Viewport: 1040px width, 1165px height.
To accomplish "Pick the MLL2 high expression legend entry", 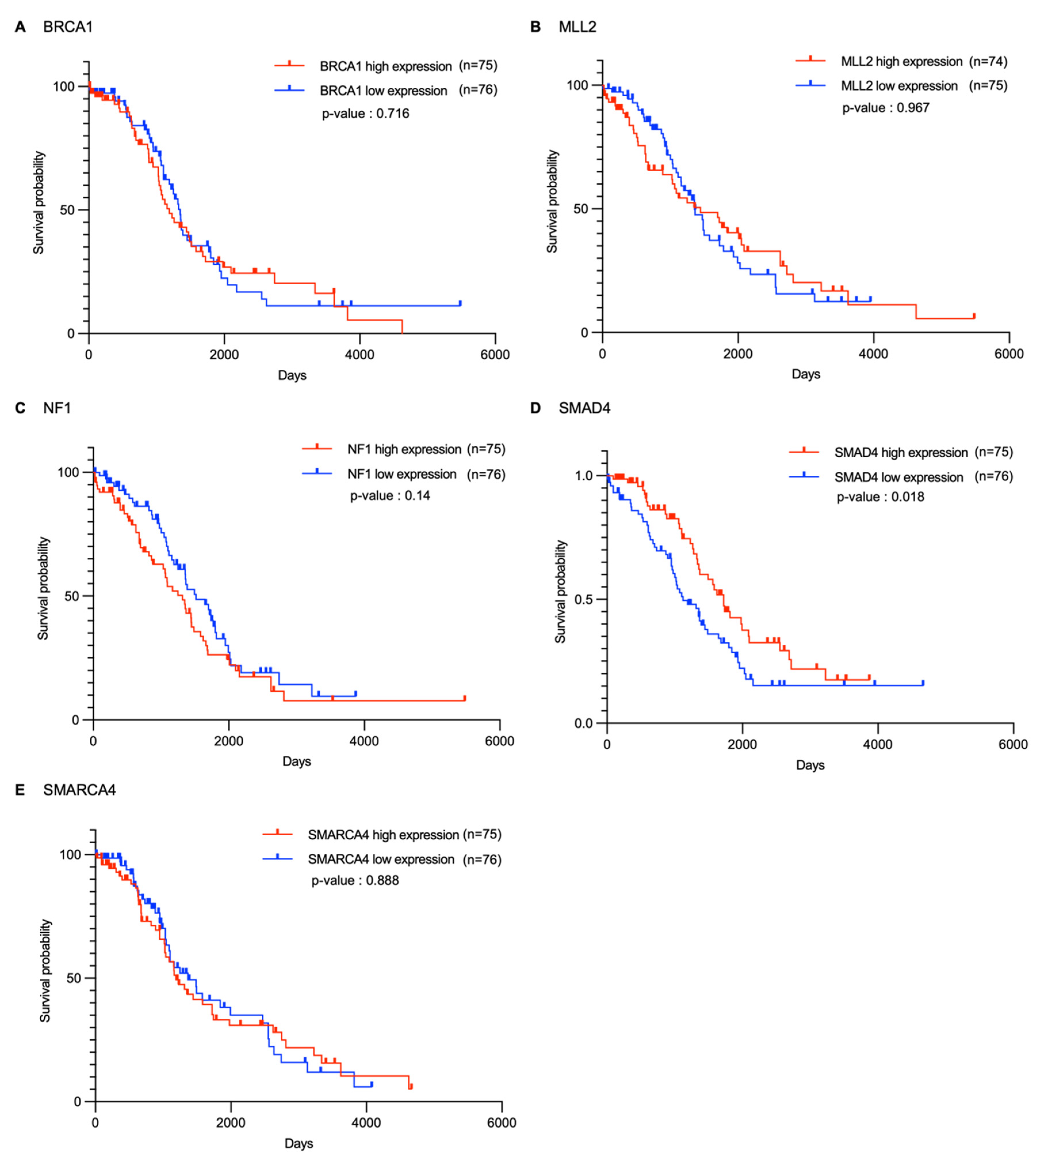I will click(x=901, y=61).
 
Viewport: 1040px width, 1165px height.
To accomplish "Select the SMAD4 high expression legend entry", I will click(x=901, y=452).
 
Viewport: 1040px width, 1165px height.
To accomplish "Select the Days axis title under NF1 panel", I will click(x=296, y=761).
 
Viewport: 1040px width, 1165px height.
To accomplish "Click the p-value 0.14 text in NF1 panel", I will click(x=390, y=495).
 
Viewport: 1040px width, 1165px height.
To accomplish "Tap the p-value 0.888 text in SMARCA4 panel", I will click(x=355, y=880).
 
